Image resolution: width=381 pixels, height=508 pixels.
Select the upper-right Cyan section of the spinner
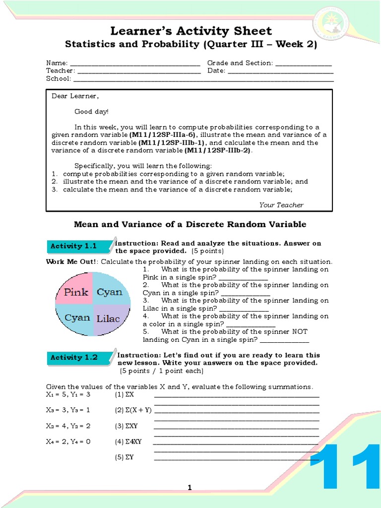(x=110, y=291)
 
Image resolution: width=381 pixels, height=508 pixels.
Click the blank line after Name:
(x=134, y=63)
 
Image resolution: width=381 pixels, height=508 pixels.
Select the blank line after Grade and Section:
(x=303, y=63)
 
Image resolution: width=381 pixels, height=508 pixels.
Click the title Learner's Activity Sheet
(x=190, y=31)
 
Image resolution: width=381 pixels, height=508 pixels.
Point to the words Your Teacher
(x=281, y=205)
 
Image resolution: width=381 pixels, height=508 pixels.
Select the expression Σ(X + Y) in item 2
(x=133, y=410)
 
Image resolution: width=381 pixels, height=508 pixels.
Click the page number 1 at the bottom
(x=190, y=488)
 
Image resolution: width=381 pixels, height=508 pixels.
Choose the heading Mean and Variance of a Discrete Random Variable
(x=190, y=224)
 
